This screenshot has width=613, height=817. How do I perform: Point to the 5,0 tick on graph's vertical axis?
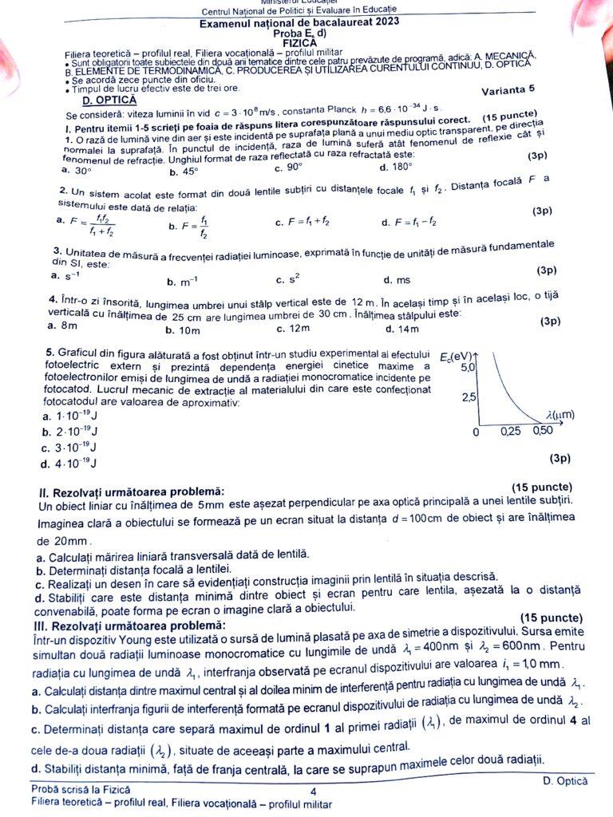tap(467, 367)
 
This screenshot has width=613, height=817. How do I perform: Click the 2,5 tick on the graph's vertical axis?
tap(467, 398)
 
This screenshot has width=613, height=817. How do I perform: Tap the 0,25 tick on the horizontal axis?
tap(510, 432)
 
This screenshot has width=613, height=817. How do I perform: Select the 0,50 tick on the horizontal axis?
tap(543, 431)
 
